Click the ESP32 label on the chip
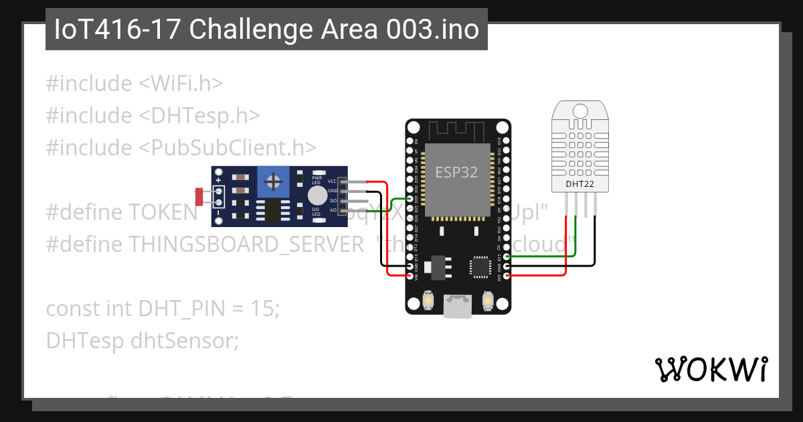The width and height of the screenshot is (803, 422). (457, 171)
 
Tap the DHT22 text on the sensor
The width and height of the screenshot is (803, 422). (580, 183)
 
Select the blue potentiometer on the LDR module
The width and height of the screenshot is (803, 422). (272, 180)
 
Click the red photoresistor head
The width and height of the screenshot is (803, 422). (199, 196)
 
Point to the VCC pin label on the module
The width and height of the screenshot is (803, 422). (333, 182)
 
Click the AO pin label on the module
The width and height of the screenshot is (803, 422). (333, 210)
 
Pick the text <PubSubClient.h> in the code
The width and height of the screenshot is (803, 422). (228, 147)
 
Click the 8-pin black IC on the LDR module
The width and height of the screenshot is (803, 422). (271, 209)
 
